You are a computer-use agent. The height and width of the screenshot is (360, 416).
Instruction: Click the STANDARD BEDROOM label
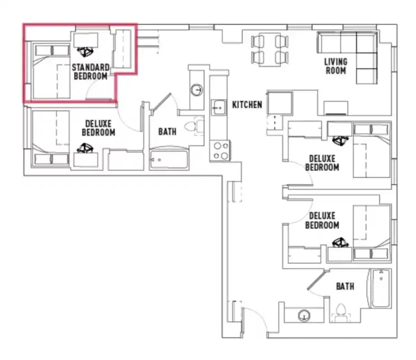91,72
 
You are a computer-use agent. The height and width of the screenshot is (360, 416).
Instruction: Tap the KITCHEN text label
247,105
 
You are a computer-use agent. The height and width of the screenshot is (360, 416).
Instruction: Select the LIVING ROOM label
335,66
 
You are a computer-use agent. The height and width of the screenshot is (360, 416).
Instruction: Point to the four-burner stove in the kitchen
220,151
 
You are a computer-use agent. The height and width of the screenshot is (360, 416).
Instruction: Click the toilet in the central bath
197,126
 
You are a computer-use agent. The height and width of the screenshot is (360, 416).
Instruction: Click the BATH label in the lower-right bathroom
345,286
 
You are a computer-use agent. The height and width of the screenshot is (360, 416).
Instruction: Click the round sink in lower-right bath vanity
305,316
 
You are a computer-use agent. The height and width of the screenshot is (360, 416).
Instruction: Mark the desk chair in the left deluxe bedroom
85,148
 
